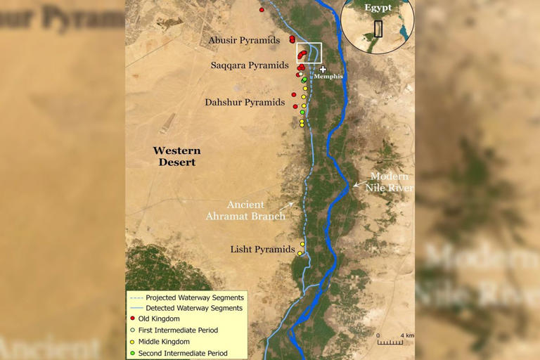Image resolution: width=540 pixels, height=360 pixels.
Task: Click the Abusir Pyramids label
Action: pos(244,41)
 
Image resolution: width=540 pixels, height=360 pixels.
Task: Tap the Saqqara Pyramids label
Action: pos(250,65)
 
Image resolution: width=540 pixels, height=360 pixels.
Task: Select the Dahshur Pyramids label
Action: pos(245,103)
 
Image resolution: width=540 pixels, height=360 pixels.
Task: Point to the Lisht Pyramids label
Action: pos(262,250)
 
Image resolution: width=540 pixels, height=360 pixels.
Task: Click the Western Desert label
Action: pos(176,156)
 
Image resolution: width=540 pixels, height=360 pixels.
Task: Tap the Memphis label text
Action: pos(328,77)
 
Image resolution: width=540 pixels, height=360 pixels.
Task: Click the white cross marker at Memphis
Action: pos(323,69)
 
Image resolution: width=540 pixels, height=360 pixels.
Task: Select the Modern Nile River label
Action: pos(388,182)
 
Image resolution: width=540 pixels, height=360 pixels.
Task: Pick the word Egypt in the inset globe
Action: pos(378,8)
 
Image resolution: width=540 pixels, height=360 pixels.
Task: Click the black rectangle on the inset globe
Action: pos(378,28)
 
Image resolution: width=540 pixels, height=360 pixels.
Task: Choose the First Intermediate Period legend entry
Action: pos(178,330)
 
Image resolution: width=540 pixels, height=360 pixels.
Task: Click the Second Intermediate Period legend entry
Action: pos(182,352)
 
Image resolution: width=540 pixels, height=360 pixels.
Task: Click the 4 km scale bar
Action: pos(390,342)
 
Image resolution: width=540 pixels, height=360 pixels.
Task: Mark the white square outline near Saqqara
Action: pos(309,53)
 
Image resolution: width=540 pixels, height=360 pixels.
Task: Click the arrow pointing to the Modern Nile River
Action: pos(358,185)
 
